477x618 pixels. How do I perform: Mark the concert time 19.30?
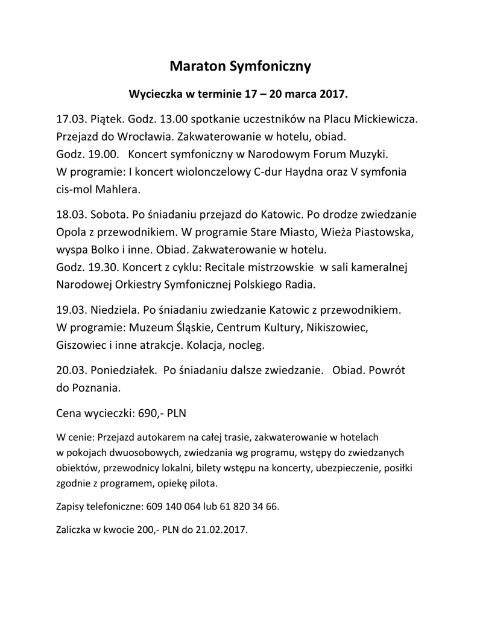coord(104,267)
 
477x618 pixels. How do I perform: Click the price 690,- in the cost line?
coord(151,415)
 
